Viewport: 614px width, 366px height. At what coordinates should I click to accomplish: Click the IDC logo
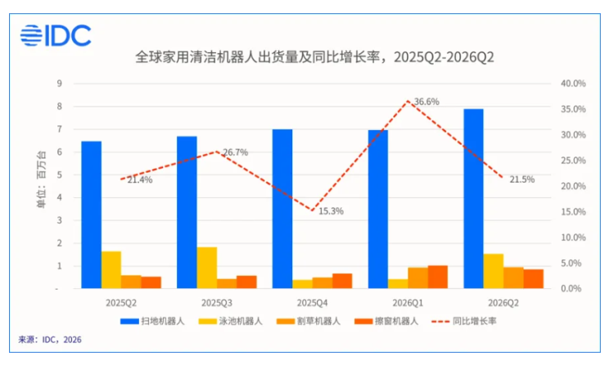point(56,36)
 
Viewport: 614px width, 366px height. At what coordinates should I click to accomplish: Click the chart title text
point(314,57)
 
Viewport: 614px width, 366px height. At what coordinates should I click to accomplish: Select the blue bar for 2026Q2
point(473,199)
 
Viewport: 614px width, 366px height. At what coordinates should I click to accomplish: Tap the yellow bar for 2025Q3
point(207,268)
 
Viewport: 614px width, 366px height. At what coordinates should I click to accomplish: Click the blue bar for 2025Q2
point(91,215)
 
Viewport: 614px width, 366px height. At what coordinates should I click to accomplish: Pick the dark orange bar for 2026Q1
point(438,277)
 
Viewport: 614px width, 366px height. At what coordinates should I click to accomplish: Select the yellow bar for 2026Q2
point(494,271)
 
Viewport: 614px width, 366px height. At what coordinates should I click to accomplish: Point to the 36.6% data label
point(427,102)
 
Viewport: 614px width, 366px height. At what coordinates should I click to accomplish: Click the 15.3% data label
point(331,211)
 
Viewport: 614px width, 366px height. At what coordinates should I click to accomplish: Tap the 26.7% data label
point(235,152)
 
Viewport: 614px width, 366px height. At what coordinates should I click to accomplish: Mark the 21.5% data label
point(522,179)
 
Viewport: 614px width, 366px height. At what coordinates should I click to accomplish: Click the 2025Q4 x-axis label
point(312,303)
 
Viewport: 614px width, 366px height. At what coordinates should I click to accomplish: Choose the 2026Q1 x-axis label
point(408,303)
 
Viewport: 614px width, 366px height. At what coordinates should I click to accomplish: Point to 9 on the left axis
point(59,84)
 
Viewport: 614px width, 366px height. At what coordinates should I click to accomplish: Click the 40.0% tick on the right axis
point(573,84)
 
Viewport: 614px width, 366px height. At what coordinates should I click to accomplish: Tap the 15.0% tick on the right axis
point(573,212)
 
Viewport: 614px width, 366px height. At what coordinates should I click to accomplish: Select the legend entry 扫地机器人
point(152,321)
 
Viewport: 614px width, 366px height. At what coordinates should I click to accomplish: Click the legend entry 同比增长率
point(464,321)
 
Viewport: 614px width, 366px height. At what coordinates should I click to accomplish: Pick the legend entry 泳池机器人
point(230,321)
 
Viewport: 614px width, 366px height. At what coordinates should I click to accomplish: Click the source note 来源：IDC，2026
point(50,339)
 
